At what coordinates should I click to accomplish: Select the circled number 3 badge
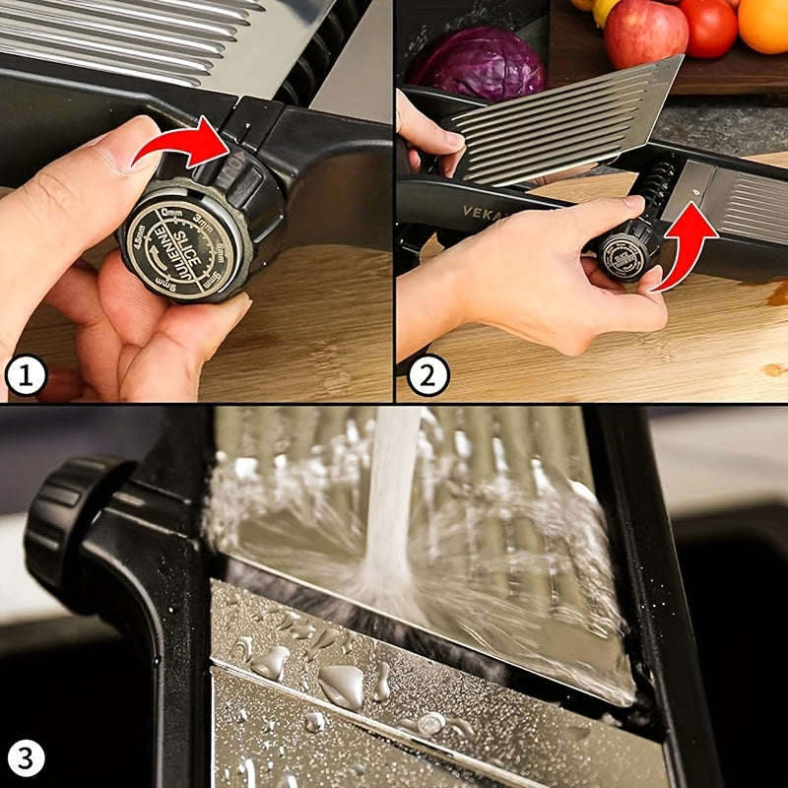[27, 758]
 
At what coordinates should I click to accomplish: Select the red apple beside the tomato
[645, 32]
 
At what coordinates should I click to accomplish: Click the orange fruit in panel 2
[764, 25]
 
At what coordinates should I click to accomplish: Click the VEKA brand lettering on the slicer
[481, 211]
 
